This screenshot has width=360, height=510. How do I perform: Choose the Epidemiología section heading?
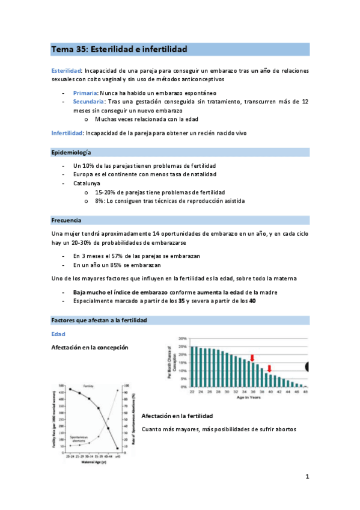75,153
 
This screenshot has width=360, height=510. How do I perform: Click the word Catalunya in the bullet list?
87,183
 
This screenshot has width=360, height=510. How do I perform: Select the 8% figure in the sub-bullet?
100,200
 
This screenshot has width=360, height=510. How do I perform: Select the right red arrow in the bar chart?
270,369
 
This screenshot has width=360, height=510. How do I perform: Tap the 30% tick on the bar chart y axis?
183,339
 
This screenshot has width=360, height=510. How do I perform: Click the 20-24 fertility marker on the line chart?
70,389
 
